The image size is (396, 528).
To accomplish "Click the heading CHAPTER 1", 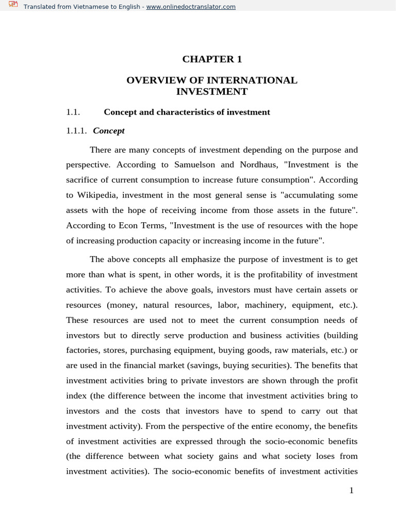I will tap(211, 59).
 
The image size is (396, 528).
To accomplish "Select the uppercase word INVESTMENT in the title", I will tap(212, 92).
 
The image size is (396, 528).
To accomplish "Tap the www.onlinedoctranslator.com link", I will tap(191, 7).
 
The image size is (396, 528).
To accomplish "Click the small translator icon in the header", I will tap(13, 6).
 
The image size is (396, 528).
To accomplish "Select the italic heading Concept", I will tap(109, 131).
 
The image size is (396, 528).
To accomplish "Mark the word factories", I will tap(83, 350).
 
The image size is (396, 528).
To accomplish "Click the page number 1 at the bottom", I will tap(351, 490).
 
